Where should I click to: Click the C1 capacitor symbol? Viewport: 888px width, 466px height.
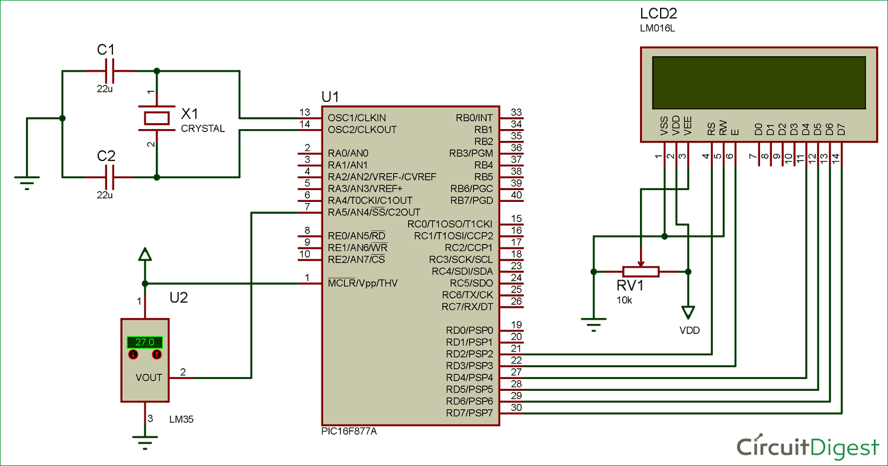point(109,70)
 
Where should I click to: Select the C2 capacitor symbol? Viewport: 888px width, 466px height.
point(109,176)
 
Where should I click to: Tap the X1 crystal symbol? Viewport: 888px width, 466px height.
point(157,117)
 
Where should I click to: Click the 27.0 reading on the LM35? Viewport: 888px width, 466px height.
point(144,342)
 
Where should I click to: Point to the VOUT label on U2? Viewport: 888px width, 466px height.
point(149,378)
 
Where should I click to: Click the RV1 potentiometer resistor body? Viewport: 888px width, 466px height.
point(641,271)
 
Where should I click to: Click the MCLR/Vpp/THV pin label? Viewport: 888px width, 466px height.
point(362,283)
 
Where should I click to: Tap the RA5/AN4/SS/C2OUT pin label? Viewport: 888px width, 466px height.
point(374,212)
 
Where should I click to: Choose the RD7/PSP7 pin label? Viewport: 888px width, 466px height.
point(469,413)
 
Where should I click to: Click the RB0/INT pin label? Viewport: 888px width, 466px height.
point(474,117)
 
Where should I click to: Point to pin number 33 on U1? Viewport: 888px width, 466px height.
point(516,113)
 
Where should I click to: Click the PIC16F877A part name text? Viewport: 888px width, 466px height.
point(349,431)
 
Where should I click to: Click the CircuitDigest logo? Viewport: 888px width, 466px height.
point(807,447)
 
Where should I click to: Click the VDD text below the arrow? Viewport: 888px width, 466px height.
point(689,330)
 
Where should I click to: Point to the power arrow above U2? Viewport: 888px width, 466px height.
point(144,255)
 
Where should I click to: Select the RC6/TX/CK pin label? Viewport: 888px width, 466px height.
point(467,295)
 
